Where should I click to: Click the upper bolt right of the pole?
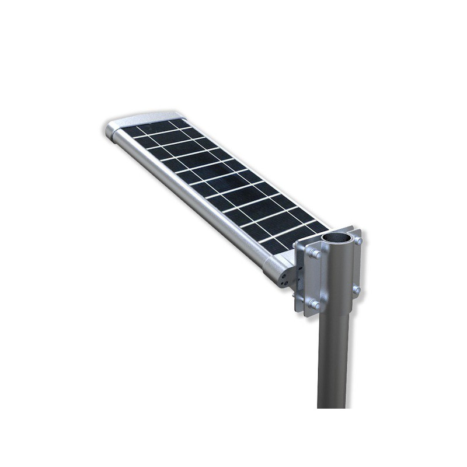click(358, 239)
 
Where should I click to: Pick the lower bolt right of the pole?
click(356, 290)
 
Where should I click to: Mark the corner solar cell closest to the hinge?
click(274, 246)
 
